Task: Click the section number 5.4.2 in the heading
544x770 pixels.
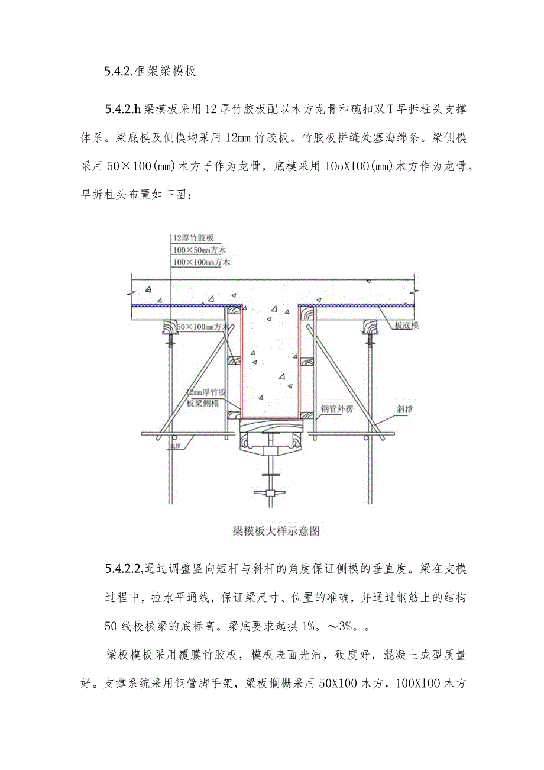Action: [x=116, y=72]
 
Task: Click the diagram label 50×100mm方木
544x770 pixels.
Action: [x=203, y=326]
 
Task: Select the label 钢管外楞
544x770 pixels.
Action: [x=336, y=408]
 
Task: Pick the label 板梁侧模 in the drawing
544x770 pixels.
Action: [x=203, y=403]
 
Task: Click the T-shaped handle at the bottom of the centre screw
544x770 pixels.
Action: [x=272, y=491]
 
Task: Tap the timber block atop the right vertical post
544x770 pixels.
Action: [x=371, y=327]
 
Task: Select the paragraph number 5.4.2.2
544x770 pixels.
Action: [x=123, y=569]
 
